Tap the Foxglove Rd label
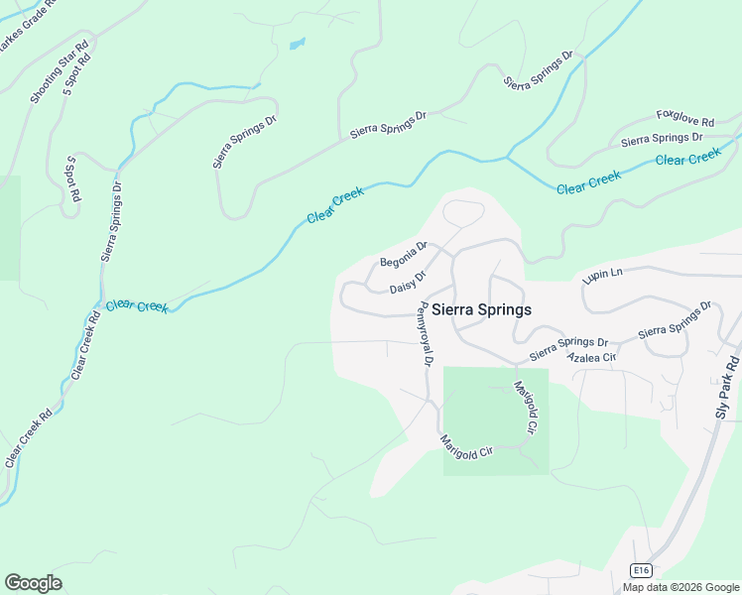tap(685, 121)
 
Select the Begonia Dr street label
tap(403, 255)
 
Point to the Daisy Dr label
tap(408, 282)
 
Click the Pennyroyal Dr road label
tap(423, 335)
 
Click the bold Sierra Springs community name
tap(481, 309)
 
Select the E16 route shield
tap(641, 569)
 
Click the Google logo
tap(33, 583)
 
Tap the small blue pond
tap(296, 44)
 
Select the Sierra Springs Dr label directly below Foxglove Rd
tap(662, 140)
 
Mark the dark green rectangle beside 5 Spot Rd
tap(9, 228)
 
